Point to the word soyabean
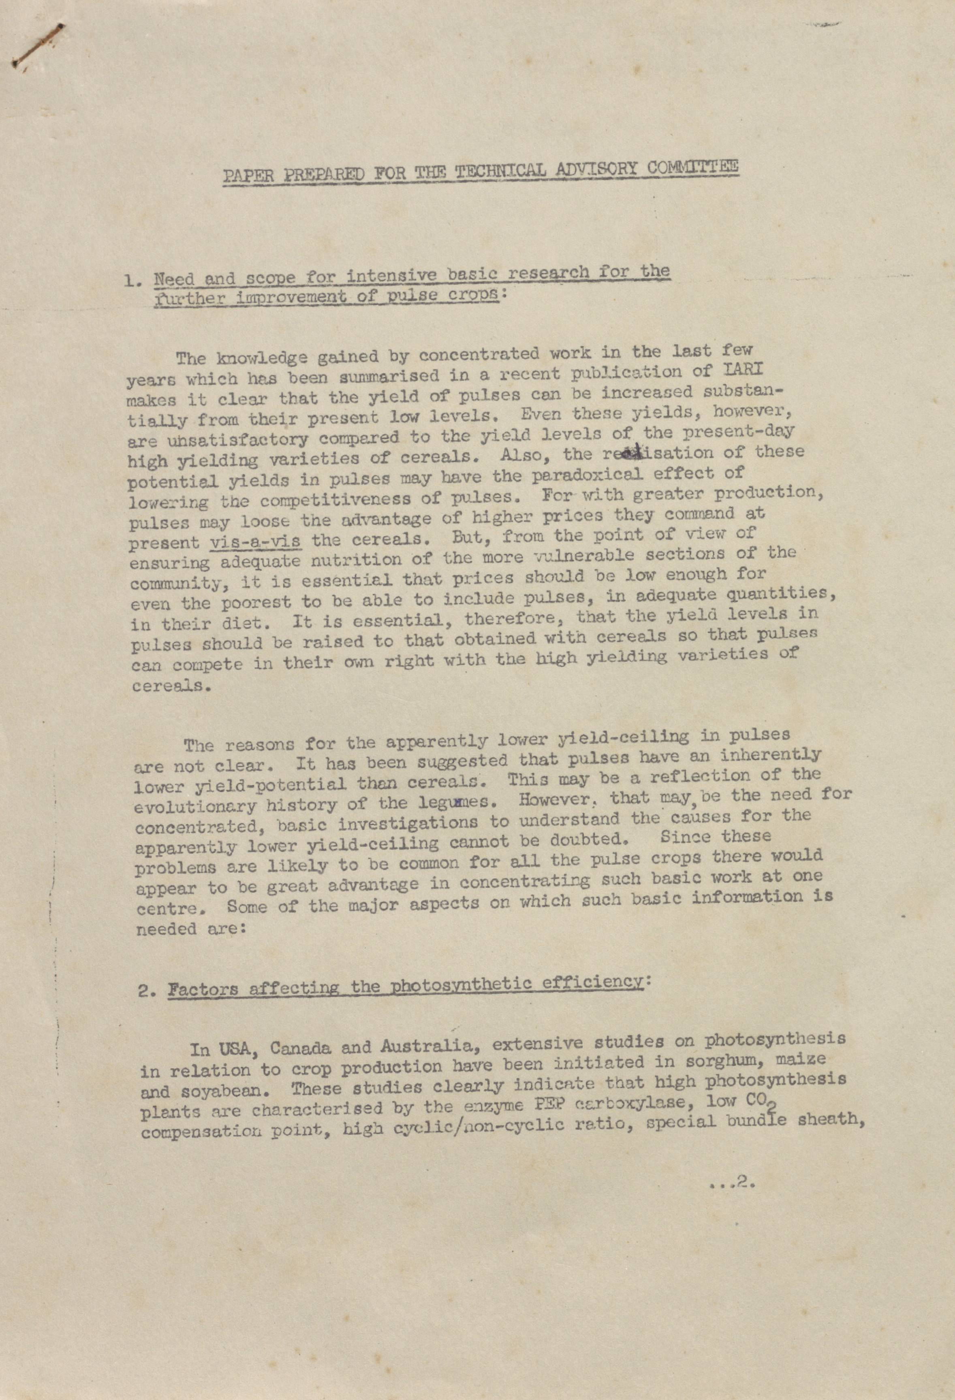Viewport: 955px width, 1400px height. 199,1091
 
